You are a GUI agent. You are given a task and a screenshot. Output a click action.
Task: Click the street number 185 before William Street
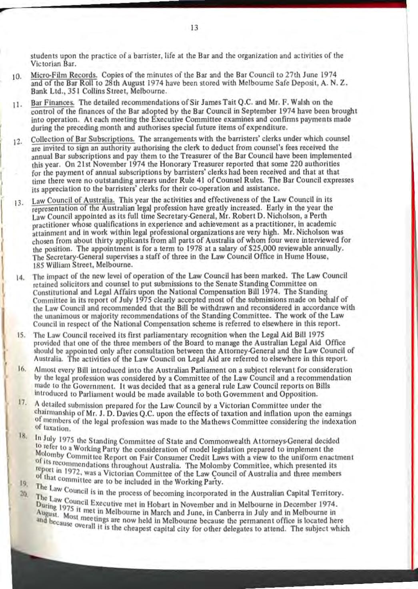pyautogui.click(x=38, y=265)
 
